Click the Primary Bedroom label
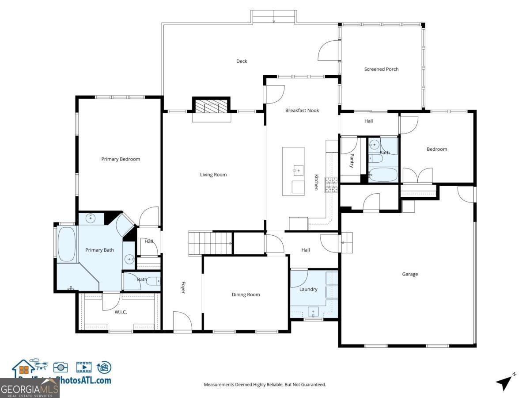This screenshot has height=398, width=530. [x=121, y=159]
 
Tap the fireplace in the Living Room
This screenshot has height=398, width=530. [x=212, y=106]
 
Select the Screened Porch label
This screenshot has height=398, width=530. [x=381, y=69]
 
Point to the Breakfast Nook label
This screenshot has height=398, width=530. [x=302, y=111]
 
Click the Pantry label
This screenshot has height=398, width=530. [x=352, y=161]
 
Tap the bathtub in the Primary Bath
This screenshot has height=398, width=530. [x=67, y=244]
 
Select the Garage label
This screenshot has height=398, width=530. [x=409, y=274]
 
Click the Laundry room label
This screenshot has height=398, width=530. [x=308, y=289]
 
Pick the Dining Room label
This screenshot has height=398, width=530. [x=246, y=295]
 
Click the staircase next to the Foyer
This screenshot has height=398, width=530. [x=210, y=243]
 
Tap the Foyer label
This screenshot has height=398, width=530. [x=182, y=287]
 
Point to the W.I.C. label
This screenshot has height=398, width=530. [x=121, y=312]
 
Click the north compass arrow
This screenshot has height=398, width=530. [x=505, y=382]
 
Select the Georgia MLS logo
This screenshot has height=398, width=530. [x=30, y=389]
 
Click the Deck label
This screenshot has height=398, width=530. [x=242, y=61]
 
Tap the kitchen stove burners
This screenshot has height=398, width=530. [x=331, y=185]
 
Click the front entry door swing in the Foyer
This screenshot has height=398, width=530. [x=182, y=321]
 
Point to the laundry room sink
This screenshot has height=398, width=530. [x=314, y=312]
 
